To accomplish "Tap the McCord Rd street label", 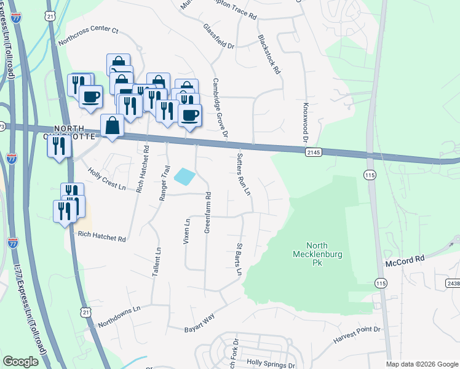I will (406, 261).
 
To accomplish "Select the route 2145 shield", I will (314, 152).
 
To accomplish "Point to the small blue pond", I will (185, 177).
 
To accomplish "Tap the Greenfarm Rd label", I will (208, 212).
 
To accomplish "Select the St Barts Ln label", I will (239, 259).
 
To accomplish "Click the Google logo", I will (20, 361).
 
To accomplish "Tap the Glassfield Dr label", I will (219, 37).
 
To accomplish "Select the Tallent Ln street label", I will (157, 261).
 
